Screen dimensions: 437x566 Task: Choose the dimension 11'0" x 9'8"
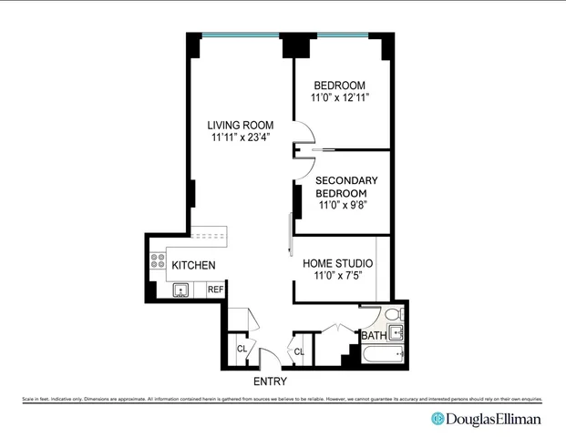tap(342, 206)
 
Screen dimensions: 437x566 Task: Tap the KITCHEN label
tap(193, 266)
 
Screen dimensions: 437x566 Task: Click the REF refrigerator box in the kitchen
tap(215, 290)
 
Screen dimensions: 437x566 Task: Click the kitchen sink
tap(181, 290)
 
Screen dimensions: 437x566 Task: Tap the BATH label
tap(374, 336)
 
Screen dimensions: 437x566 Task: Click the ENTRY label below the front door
tap(270, 382)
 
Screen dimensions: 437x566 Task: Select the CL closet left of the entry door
tap(242, 349)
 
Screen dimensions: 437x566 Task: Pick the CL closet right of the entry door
tap(298, 351)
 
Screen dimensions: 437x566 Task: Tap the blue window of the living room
tap(241, 35)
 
